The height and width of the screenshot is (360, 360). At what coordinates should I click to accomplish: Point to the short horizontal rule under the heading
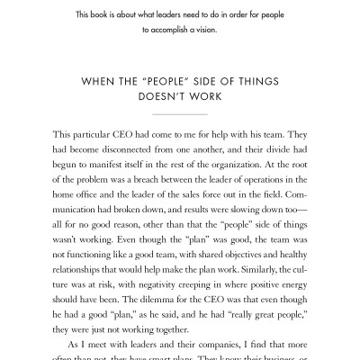click(180, 113)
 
